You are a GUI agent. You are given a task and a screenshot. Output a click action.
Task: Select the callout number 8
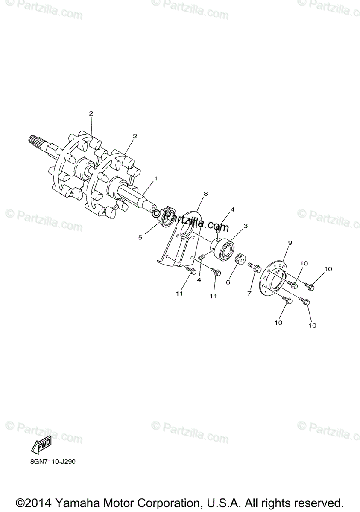pos(205,194)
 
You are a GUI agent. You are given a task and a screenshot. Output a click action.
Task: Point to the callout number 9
pos(290,243)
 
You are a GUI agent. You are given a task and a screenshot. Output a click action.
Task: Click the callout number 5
pos(140,237)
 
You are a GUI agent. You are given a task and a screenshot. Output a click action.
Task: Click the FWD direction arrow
pos(41,446)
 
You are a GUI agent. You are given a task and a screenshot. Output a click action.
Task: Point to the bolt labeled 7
pos(255,268)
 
